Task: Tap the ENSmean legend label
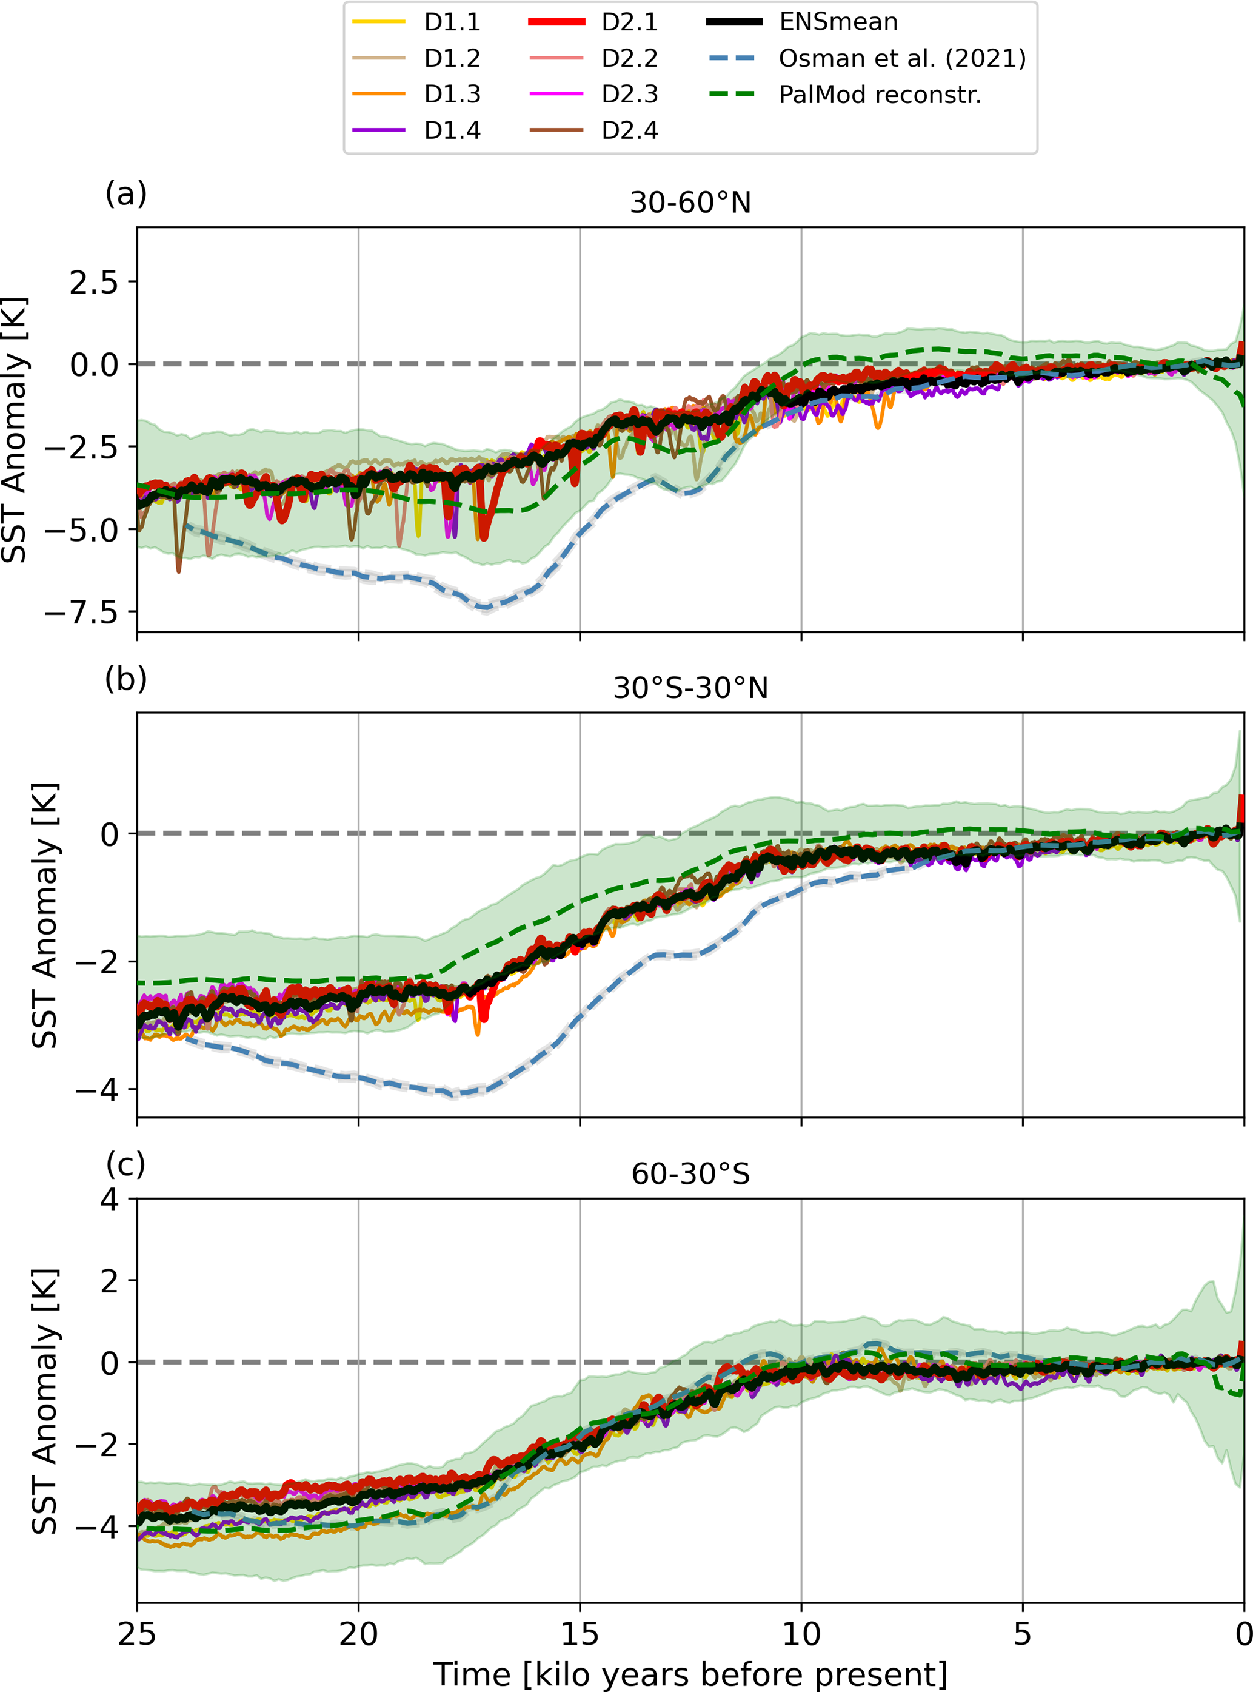click(x=838, y=22)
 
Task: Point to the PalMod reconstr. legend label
click(x=880, y=95)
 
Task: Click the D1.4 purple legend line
click(x=378, y=130)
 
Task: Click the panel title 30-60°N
click(x=690, y=203)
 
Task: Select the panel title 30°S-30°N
click(x=690, y=688)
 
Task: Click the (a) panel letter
click(x=126, y=193)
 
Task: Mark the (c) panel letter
click(x=126, y=1163)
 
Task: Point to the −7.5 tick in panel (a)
click(x=82, y=611)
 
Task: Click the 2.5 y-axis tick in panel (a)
click(x=94, y=282)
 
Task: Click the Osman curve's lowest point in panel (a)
click(x=486, y=607)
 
